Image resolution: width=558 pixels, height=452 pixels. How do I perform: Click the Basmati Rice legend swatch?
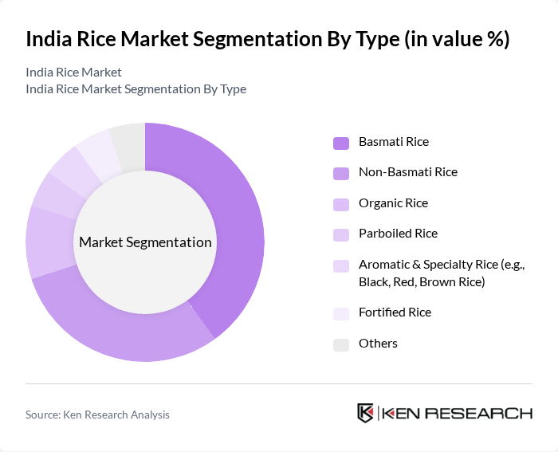coord(340,143)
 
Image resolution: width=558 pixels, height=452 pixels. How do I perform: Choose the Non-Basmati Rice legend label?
coord(408,172)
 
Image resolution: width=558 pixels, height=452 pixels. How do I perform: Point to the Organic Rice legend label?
coord(393,203)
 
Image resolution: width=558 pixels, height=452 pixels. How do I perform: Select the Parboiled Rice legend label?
coord(398,234)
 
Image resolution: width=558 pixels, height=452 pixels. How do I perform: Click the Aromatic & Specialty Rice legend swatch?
coord(340,265)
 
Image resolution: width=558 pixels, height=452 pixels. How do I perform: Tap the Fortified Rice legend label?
coord(395,312)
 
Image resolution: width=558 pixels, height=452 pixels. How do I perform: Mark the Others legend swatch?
coord(340,344)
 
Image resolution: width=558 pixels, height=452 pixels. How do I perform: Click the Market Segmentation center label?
coord(145,242)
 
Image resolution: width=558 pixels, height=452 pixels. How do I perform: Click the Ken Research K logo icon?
coord(365,413)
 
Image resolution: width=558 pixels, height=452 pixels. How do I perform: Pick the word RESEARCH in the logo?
coord(485,413)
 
